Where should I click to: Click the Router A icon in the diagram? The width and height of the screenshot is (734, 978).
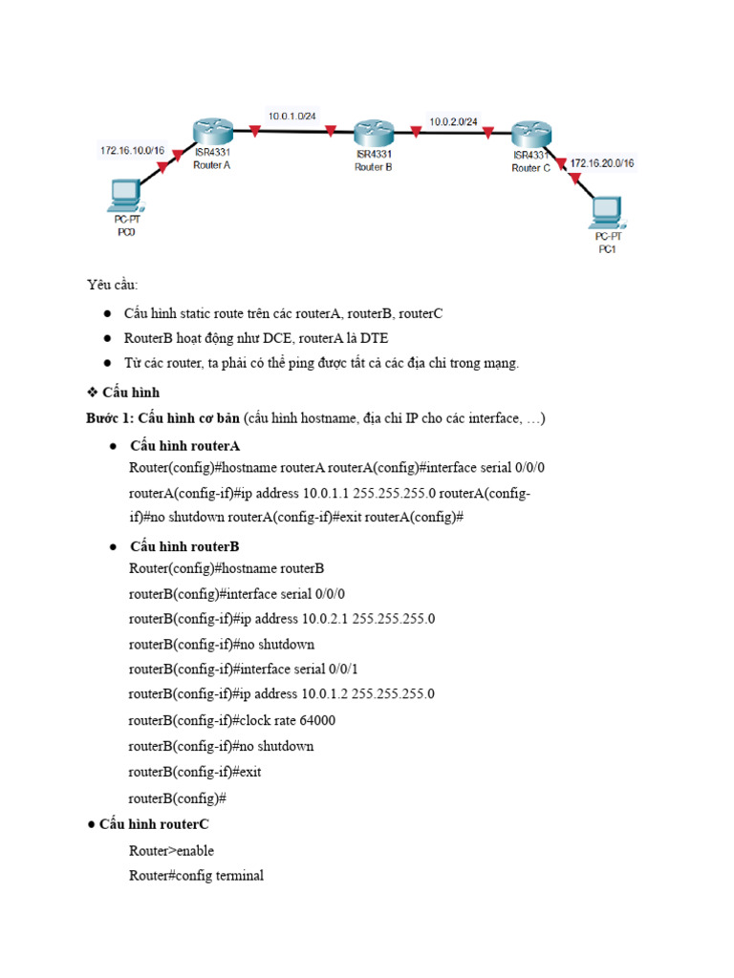(211, 131)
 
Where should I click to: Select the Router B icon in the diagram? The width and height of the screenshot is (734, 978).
(373, 134)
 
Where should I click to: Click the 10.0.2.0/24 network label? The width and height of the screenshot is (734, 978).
(453, 121)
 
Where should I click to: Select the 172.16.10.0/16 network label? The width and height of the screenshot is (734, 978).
(132, 150)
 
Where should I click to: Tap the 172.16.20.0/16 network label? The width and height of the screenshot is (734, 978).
(602, 163)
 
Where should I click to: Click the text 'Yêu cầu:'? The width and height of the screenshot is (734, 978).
(112, 285)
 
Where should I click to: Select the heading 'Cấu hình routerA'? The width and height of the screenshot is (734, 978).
(184, 446)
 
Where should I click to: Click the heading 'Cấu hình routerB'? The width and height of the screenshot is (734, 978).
(184, 546)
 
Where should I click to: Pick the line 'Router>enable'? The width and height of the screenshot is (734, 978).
(171, 850)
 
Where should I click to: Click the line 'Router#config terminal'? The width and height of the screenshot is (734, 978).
(196, 875)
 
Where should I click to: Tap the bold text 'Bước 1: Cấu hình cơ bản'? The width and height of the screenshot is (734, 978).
(162, 418)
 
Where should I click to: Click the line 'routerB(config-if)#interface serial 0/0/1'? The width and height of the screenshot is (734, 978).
(243, 669)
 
